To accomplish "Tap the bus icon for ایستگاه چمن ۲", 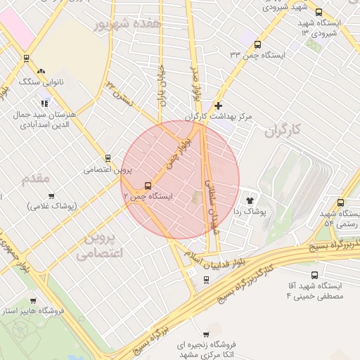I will tap(147, 186).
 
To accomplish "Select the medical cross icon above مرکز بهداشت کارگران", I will tap(219, 105).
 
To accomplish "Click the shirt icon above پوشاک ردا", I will tap(250, 200).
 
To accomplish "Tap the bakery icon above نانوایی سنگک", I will tap(41, 71).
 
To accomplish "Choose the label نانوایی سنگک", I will tap(42, 82).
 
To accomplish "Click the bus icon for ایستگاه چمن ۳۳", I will tap(257, 44).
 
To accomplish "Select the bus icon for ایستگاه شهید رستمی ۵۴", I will tap(340, 202).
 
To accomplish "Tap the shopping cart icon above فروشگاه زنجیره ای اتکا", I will tap(206, 334).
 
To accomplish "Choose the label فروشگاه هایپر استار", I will tap(34, 310).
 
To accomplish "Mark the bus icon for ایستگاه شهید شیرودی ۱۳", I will tap(319, 12).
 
